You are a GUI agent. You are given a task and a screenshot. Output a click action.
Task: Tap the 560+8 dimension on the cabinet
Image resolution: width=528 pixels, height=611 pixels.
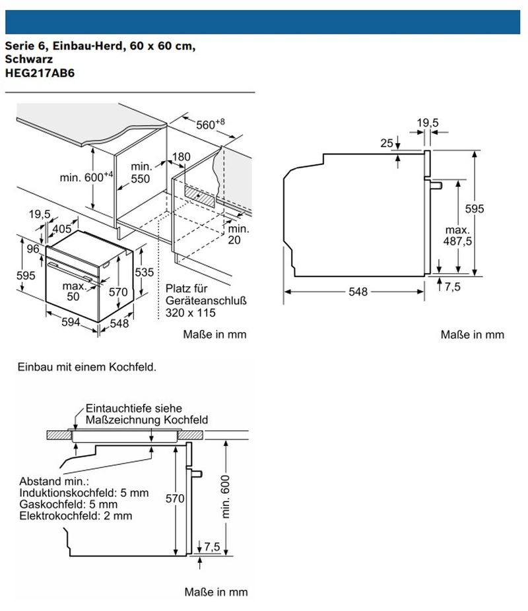[211, 124]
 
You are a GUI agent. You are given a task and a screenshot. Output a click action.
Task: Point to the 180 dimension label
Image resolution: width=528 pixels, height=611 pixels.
[181, 157]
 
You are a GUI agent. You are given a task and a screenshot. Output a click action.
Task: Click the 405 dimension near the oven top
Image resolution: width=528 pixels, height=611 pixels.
[62, 229]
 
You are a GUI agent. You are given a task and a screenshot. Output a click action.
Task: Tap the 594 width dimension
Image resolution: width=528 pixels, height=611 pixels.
[71, 321]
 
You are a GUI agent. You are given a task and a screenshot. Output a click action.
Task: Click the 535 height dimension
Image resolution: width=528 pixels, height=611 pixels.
[145, 273]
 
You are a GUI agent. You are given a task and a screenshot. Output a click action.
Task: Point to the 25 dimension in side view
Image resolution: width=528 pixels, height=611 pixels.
[387, 143]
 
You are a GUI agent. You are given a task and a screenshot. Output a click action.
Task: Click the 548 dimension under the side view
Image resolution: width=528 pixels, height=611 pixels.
[358, 292]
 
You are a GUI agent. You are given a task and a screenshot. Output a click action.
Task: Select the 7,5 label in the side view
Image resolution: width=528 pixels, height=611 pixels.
[452, 286]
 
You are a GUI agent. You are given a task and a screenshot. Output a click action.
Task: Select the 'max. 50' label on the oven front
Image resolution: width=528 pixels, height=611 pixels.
[75, 291]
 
